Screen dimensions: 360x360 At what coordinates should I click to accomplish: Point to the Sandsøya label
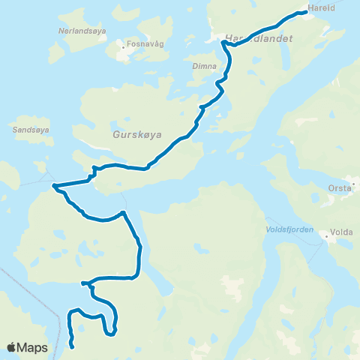[x=30, y=130]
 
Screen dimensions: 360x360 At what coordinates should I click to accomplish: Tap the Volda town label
[x=341, y=232]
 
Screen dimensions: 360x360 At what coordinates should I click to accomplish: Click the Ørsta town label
[x=339, y=188]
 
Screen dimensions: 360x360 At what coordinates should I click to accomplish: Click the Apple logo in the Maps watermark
[x=11, y=347]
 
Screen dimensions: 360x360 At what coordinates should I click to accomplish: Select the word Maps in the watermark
[x=32, y=347]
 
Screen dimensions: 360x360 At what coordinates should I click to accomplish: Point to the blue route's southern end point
[x=72, y=346]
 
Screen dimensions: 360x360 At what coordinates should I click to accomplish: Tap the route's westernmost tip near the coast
[x=54, y=185]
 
